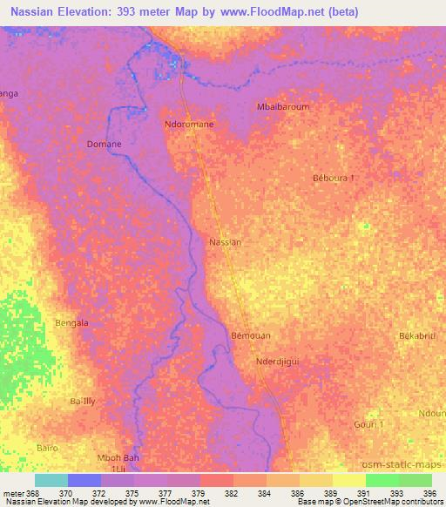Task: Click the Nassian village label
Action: pyautogui.click(x=226, y=241)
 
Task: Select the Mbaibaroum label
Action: pyautogui.click(x=283, y=107)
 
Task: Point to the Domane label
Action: pyautogui.click(x=104, y=144)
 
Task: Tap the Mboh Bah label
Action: pyautogui.click(x=117, y=458)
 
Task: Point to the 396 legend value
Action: pyautogui.click(x=428, y=491)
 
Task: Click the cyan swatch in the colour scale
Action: pyautogui.click(x=51, y=480)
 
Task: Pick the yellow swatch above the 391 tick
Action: pyautogui.click(x=348, y=480)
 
